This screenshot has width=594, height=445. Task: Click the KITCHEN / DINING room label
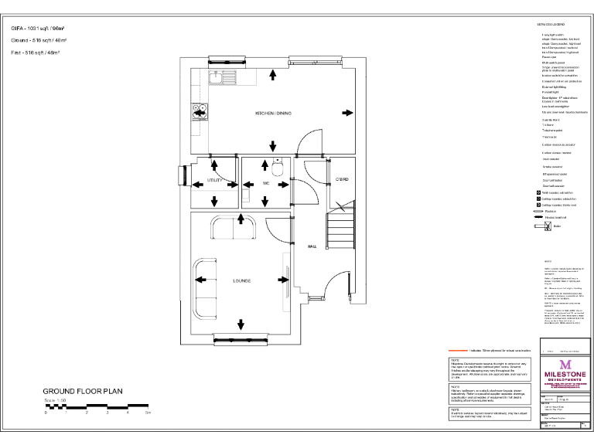tap(273, 114)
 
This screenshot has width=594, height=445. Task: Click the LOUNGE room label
tap(241, 281)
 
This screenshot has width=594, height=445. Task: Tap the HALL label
tap(312, 246)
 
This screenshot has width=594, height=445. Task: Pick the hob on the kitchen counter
tap(195, 114)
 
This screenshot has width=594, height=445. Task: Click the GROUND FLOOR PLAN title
tap(83, 392)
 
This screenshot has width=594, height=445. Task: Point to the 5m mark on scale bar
tap(148, 414)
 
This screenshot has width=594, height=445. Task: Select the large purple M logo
tap(565, 364)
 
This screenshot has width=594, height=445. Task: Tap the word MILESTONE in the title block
tap(565, 375)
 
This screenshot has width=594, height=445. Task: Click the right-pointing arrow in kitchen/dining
tap(344, 114)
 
